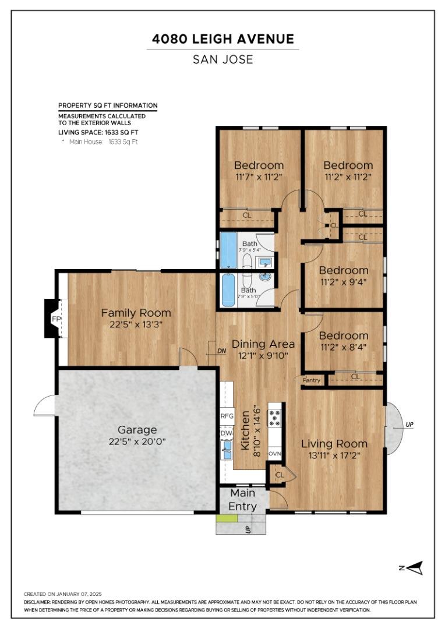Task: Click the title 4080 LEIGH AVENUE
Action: click(223, 39)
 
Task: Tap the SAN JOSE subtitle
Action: click(223, 59)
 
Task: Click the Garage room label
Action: click(137, 430)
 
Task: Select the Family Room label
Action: click(136, 313)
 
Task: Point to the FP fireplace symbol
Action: click(56, 319)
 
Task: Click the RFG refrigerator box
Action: click(227, 416)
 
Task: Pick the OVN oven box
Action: click(275, 453)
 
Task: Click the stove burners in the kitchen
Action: click(275, 418)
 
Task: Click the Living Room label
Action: click(334, 444)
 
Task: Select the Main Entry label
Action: click(242, 500)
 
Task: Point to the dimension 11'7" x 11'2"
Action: click(259, 176)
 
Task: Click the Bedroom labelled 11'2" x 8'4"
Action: click(344, 335)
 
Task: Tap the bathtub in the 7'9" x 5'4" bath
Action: click(229, 250)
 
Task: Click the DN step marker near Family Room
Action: click(221, 351)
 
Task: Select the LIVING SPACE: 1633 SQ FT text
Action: click(98, 133)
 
